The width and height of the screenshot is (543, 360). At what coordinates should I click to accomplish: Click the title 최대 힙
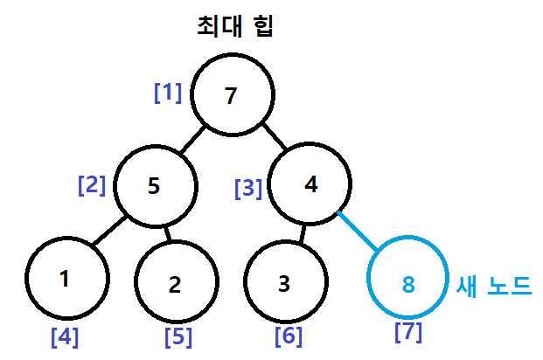pyautogui.click(x=235, y=26)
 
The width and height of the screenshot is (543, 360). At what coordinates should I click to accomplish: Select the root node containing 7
pyautogui.click(x=232, y=95)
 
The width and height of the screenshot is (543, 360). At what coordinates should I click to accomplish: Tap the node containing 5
pyautogui.click(x=155, y=186)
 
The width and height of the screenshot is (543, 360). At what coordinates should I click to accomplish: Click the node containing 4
pyautogui.click(x=310, y=184)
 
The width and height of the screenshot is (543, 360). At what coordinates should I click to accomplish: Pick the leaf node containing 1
pyautogui.click(x=66, y=279)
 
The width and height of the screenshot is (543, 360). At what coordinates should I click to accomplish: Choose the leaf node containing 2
pyautogui.click(x=176, y=283)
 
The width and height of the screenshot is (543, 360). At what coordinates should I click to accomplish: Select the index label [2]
pyautogui.click(x=92, y=185)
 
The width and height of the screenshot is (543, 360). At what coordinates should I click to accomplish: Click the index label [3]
pyautogui.click(x=248, y=187)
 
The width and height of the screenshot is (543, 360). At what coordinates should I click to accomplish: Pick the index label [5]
pyautogui.click(x=178, y=336)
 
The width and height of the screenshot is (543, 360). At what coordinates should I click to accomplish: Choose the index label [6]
pyautogui.click(x=289, y=335)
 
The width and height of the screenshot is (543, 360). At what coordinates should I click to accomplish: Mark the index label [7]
pyautogui.click(x=408, y=332)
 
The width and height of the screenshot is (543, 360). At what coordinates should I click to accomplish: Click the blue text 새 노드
pyautogui.click(x=494, y=285)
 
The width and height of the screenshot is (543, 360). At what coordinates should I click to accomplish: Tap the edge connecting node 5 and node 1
pyautogui.click(x=110, y=231)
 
